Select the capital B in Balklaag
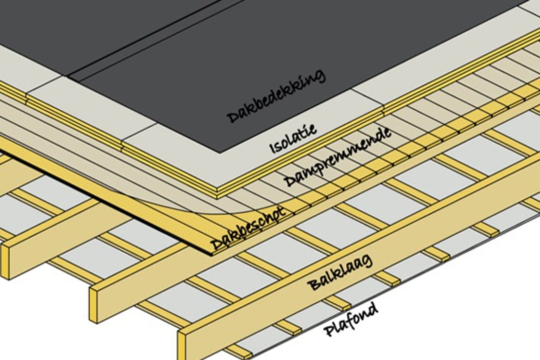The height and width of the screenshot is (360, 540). coord(312,283)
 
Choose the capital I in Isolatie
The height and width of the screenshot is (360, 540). coord(273,149)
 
